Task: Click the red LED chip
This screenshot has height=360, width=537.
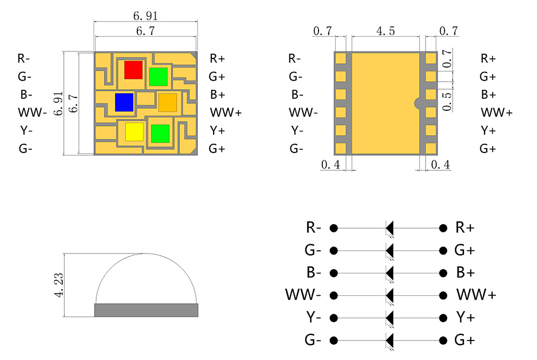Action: point(133,69)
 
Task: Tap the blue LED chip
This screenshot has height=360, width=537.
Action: point(124,102)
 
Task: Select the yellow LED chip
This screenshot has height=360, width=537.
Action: point(134,131)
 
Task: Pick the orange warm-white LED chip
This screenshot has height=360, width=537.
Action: point(167,102)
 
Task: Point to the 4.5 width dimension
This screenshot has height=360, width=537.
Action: point(385,31)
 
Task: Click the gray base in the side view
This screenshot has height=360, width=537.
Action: point(146,310)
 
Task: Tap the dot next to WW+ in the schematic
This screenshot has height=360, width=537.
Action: point(444,296)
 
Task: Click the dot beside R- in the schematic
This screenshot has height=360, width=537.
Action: point(334,228)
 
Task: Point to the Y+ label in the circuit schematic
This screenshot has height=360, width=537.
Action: point(465,317)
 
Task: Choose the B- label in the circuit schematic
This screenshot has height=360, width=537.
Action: point(313,272)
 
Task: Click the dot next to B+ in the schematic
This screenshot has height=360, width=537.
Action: point(444,273)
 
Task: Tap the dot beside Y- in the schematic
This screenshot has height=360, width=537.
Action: point(334,318)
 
